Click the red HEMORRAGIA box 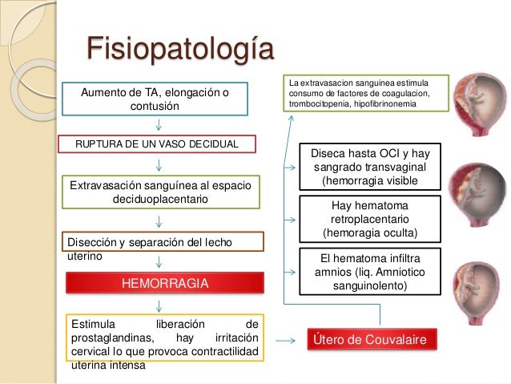(x=164, y=284)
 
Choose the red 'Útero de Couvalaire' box (x=373, y=340)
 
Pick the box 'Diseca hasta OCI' (x=369, y=167)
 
